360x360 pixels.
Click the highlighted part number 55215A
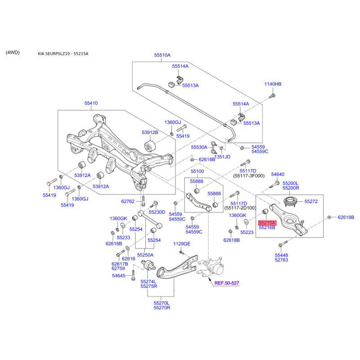[x=267, y=223]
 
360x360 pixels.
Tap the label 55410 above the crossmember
[x=91, y=103]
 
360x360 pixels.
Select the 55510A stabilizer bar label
[x=162, y=55]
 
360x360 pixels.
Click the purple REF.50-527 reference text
[x=227, y=283]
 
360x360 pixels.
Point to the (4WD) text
[x=13, y=52]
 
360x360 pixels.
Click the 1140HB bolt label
[x=273, y=84]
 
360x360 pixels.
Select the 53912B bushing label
[x=150, y=132]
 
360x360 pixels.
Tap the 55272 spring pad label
[x=311, y=201]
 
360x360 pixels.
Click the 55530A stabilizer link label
[x=199, y=147]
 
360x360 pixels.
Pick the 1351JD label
[x=222, y=157]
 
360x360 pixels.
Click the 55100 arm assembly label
[x=197, y=171]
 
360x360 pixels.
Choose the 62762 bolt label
[x=128, y=201]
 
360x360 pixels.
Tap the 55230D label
[x=157, y=212]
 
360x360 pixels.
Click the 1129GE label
[x=182, y=244]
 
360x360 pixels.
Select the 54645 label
[x=119, y=275]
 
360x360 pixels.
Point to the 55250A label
[x=145, y=255]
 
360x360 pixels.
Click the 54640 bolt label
[x=278, y=174]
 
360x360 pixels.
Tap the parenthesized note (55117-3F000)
[x=249, y=176]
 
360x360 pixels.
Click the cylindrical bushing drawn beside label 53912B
[x=150, y=146]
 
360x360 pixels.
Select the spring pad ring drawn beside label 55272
[x=290, y=202]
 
